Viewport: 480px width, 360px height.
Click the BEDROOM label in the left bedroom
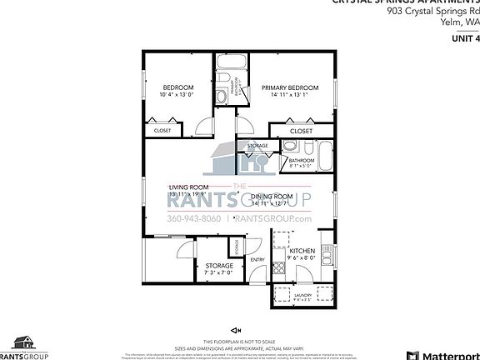(177, 87)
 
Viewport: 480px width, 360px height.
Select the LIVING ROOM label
(187, 187)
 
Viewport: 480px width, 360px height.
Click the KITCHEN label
(301, 250)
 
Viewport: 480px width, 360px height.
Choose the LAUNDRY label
(303, 295)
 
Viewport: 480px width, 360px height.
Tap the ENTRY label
(257, 259)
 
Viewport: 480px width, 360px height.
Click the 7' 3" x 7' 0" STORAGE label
(219, 266)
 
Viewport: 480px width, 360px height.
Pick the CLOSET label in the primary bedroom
(301, 131)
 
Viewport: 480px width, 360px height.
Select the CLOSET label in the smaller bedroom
(162, 130)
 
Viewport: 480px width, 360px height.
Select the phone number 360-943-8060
(193, 218)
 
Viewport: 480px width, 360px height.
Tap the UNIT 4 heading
(465, 38)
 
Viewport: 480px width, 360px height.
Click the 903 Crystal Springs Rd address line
(433, 12)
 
